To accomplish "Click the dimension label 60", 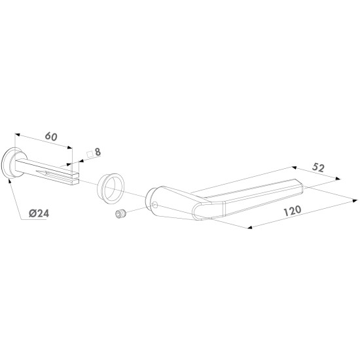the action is coord(51,136).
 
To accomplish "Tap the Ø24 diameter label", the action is coord(39,213).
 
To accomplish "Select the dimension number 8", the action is coord(98,152).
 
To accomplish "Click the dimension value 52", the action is coord(318,168).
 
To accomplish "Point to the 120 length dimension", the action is coord(293,211).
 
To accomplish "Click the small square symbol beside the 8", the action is coord(90,154).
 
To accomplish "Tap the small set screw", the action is coord(121,214).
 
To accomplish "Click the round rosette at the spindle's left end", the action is coord(12,163).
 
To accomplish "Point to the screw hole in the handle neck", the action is coord(154,204).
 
